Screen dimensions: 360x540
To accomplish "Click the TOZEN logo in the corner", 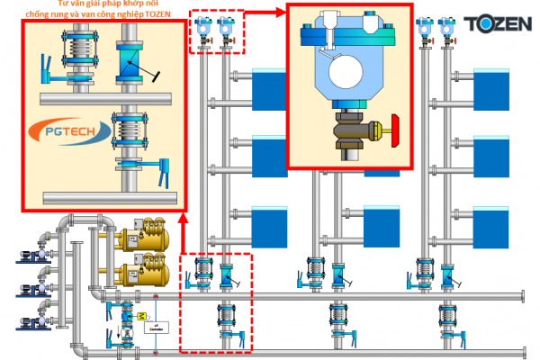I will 496,21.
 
